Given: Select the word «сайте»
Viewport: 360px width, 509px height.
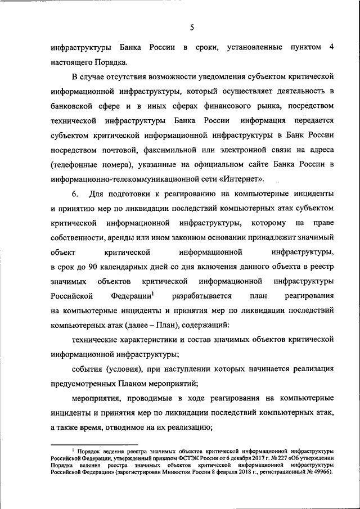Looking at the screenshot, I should click(x=260, y=164).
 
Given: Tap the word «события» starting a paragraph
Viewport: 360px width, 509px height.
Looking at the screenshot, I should click(x=89, y=369).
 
